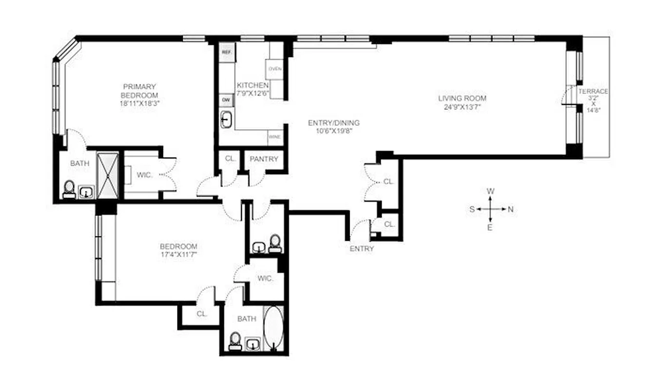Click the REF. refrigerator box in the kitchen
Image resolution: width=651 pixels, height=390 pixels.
coord(226,52)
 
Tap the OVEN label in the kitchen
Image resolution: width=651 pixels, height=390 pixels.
coord(275,69)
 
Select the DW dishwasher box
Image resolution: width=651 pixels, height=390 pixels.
coord(226,99)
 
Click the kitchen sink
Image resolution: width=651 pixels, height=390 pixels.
coord(227,119)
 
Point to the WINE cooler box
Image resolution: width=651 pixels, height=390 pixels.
coord(274,137)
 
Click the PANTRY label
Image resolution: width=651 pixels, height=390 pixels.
coord(264,159)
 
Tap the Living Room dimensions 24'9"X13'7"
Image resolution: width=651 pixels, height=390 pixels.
coord(462,107)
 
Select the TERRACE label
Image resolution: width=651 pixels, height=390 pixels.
coord(593,92)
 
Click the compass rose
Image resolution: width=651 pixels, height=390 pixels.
coord(491,209)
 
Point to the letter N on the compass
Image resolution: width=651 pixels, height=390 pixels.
coord(510,210)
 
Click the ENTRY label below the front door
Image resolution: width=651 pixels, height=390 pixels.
coord(362,249)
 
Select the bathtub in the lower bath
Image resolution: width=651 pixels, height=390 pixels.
coord(273,328)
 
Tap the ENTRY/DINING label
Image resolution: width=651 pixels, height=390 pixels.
coord(334,123)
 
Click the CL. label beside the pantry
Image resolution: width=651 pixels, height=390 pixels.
coord(230,159)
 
